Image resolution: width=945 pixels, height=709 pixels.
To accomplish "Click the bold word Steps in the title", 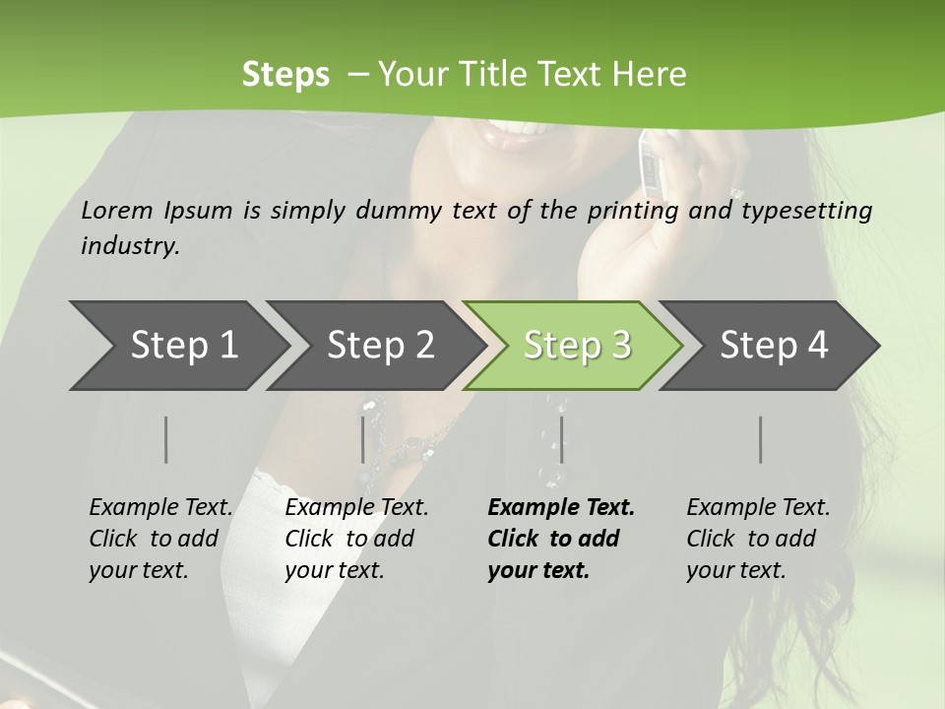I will click(x=285, y=75).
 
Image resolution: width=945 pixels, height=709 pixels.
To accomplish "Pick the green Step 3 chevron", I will click(x=576, y=346).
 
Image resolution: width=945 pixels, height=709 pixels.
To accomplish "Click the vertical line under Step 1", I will click(x=166, y=439).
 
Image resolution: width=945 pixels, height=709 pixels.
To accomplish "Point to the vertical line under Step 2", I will click(x=363, y=439).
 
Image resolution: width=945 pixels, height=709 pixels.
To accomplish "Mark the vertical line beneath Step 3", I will click(x=561, y=439).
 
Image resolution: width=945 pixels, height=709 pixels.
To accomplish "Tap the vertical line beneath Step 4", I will click(x=761, y=439).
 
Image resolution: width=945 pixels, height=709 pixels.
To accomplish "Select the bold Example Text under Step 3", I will click(x=561, y=508).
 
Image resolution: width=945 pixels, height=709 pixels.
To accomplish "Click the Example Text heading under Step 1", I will click(x=160, y=508).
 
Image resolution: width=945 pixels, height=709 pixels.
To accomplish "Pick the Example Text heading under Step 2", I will click(x=356, y=508).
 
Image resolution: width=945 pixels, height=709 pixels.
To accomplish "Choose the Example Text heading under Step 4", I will click(x=758, y=508).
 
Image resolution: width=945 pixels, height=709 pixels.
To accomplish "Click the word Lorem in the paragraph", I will click(x=117, y=211).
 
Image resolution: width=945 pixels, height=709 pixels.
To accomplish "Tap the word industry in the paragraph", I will click(x=130, y=246).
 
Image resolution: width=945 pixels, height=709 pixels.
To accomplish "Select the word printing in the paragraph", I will click(x=633, y=211).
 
